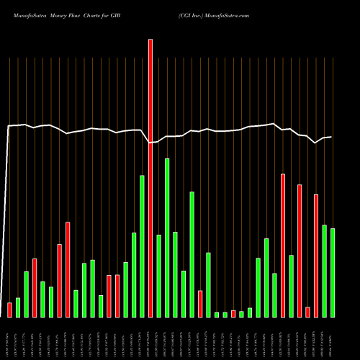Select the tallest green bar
tap(167, 238)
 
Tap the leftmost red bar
tap(9, 310)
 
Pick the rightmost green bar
tap(333, 273)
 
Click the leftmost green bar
tap(18, 307)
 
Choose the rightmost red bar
tap(316, 256)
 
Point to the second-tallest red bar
tap(283, 246)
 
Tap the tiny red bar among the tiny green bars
tap(233, 313)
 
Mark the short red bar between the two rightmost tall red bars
tap(307, 312)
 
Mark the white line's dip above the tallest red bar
tap(150, 143)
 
